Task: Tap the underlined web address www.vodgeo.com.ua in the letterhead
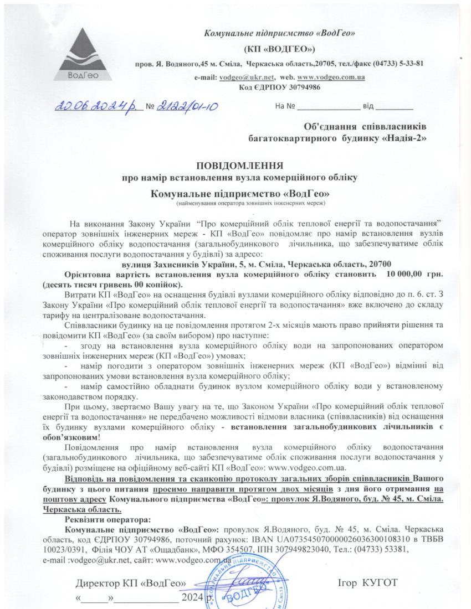(x=331, y=77)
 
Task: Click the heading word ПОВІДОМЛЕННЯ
(x=240, y=166)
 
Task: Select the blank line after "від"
(x=394, y=106)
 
